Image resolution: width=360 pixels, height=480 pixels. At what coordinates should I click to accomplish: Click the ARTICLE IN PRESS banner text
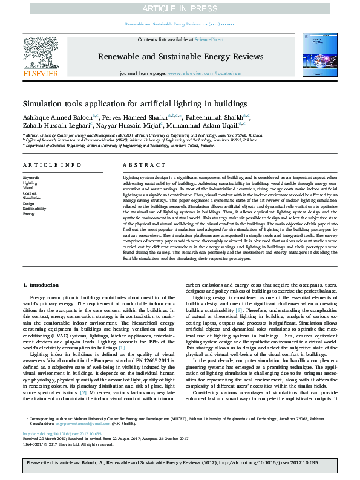click(x=180, y=8)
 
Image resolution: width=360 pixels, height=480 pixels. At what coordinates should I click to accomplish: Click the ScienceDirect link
click(x=209, y=39)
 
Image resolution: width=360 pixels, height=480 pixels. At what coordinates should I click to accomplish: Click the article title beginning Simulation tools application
click(x=127, y=103)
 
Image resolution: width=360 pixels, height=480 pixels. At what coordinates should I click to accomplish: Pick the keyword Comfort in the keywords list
click(x=29, y=192)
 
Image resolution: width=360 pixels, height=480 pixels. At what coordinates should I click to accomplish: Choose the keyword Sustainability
click(x=33, y=209)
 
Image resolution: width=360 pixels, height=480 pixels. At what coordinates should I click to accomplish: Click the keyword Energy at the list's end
click(x=28, y=214)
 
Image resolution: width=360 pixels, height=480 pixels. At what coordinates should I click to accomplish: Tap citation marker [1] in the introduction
click(x=122, y=348)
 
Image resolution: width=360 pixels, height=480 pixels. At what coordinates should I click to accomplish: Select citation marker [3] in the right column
click(x=240, y=310)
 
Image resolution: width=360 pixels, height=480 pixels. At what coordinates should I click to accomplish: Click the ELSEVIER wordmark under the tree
click(x=41, y=74)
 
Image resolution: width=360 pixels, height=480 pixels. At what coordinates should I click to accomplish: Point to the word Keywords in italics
click(x=30, y=177)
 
